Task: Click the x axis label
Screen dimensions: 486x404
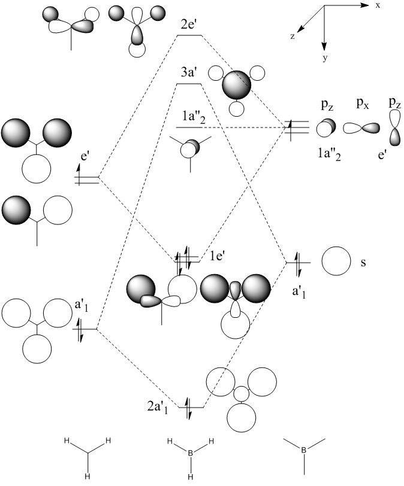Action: (378, 5)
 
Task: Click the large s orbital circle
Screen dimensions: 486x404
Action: (335, 262)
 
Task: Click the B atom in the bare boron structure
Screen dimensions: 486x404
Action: (304, 451)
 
